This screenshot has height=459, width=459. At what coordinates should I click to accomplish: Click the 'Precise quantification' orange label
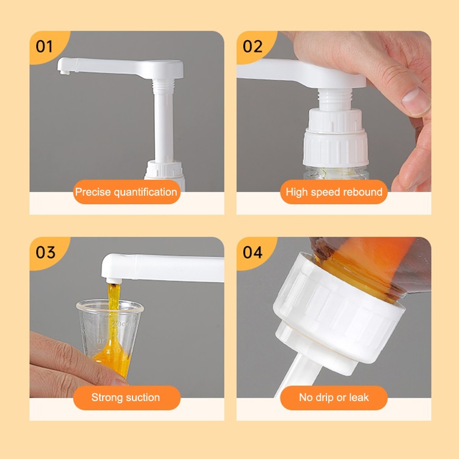(x=126, y=192)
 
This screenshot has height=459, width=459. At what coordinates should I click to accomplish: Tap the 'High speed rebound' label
(x=334, y=192)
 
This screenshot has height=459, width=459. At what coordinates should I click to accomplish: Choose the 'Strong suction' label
(x=126, y=398)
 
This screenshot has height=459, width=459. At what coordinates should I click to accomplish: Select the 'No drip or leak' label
(x=334, y=398)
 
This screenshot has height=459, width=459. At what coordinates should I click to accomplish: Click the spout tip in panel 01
(x=65, y=72)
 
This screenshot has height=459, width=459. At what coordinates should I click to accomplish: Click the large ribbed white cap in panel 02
(x=336, y=148)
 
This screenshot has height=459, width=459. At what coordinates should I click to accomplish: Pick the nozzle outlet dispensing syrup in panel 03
(x=114, y=281)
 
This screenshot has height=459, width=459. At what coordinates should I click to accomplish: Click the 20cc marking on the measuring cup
(x=120, y=324)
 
